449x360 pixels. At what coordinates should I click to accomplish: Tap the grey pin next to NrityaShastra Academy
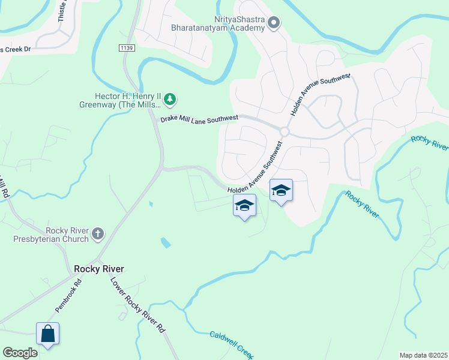coord(274,24)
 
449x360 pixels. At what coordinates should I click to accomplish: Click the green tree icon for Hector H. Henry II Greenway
coord(170,98)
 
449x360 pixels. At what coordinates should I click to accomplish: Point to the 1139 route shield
coord(126,47)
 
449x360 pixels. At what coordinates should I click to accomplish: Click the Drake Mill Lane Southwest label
coord(199,119)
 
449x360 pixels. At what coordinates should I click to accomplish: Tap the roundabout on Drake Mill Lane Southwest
coord(284,131)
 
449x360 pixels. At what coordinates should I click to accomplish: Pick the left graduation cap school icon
coord(244,206)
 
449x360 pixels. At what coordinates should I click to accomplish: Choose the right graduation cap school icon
coord(281,191)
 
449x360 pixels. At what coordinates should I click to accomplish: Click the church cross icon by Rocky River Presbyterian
coord(98,233)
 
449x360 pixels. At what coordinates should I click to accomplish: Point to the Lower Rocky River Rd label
coord(137,305)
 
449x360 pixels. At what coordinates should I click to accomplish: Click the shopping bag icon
coord(47,334)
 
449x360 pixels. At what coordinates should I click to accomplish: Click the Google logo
coord(20,353)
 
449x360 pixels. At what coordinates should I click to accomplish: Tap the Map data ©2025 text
coord(423,355)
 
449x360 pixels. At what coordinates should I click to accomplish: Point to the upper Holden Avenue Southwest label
coord(320,95)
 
